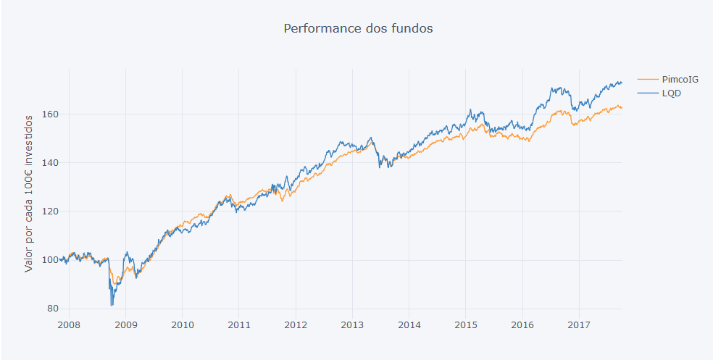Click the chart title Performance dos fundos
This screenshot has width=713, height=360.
358,29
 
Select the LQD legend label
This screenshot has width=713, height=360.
672,93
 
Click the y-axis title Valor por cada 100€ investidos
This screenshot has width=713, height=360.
29,192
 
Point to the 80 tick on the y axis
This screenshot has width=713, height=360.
52,309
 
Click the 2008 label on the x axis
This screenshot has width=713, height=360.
70,324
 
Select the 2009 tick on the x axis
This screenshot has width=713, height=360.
126,324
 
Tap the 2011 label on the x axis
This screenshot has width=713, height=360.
239,324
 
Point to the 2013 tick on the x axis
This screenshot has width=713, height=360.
352,324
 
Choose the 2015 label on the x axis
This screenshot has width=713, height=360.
465,324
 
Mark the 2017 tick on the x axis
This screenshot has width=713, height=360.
578,324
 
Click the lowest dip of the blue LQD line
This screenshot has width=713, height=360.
112,305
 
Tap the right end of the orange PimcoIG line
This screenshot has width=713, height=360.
622,108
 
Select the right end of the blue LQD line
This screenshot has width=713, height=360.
622,83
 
